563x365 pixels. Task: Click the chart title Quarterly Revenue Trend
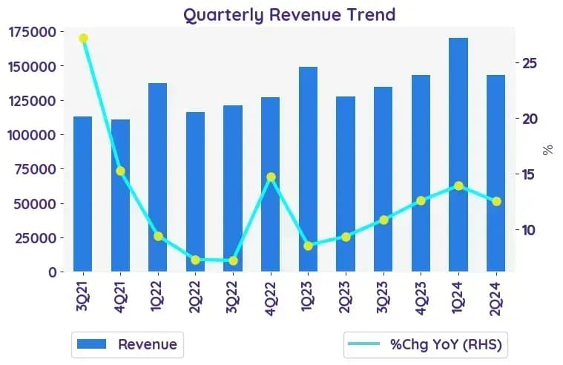(x=289, y=15)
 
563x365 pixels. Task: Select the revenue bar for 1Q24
(x=458, y=154)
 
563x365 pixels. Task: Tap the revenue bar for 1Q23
(x=308, y=169)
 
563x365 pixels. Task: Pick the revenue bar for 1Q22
(x=158, y=177)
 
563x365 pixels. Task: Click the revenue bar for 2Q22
(x=195, y=191)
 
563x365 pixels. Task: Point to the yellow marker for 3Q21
(x=83, y=38)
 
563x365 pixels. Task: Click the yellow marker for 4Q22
(x=271, y=177)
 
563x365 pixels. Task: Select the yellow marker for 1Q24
(x=458, y=185)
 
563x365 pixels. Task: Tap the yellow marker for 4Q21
(x=121, y=171)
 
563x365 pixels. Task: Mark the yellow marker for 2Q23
(x=346, y=237)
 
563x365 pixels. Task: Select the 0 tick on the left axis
(x=53, y=272)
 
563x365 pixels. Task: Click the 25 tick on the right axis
(x=530, y=63)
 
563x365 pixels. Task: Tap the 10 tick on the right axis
(x=530, y=230)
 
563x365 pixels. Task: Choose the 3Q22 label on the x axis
(x=233, y=297)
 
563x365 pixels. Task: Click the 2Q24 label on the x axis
(x=496, y=298)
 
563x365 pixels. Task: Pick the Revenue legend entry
(x=128, y=344)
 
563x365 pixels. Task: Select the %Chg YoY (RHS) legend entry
(x=426, y=344)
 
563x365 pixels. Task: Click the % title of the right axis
(x=548, y=150)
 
